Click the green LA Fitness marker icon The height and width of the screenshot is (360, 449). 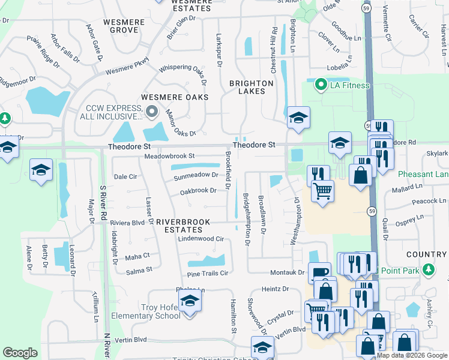point(321,85)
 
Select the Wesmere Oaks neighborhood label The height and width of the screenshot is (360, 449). point(175,97)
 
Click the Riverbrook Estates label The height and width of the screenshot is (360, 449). point(183,222)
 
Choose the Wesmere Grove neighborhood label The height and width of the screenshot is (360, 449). point(124,26)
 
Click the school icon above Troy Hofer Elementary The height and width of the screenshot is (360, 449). point(190,301)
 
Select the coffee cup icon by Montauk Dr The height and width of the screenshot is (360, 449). point(319,272)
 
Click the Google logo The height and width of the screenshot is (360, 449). point(20,353)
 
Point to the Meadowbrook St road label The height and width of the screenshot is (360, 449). point(170,156)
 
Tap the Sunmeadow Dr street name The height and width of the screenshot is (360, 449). point(195,175)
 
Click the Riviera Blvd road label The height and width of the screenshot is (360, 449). point(127,222)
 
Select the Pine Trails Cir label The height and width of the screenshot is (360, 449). point(208,273)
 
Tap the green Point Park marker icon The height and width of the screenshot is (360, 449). point(428,270)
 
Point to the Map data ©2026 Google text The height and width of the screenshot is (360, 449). point(412,355)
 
